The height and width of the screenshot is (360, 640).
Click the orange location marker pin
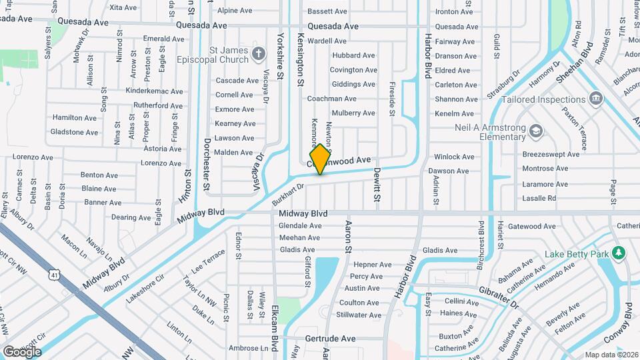(x=320, y=159)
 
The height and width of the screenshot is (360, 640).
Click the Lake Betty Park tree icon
(x=619, y=253)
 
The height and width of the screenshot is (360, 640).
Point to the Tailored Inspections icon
(x=596, y=100)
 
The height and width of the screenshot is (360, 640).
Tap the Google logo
(x=22, y=351)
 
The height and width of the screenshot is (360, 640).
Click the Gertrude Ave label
(x=330, y=338)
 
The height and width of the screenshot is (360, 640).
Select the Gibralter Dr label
(x=498, y=297)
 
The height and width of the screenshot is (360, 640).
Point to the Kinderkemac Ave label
(x=154, y=91)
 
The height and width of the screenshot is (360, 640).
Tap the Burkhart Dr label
(x=287, y=193)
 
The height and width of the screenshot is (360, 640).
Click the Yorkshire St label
(x=281, y=57)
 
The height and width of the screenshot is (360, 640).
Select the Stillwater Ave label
(x=359, y=315)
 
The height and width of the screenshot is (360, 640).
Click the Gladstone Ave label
(x=74, y=132)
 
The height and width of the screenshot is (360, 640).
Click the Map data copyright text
(x=611, y=355)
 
